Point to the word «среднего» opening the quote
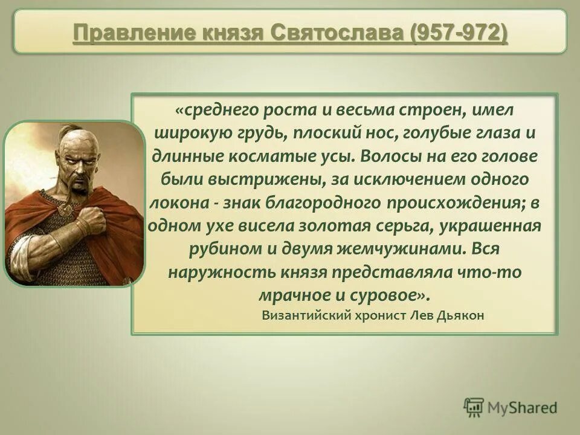pyautogui.click(x=220, y=111)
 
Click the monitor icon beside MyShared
pyautogui.click(x=474, y=407)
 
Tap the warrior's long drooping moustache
pyautogui.click(x=79, y=181)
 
